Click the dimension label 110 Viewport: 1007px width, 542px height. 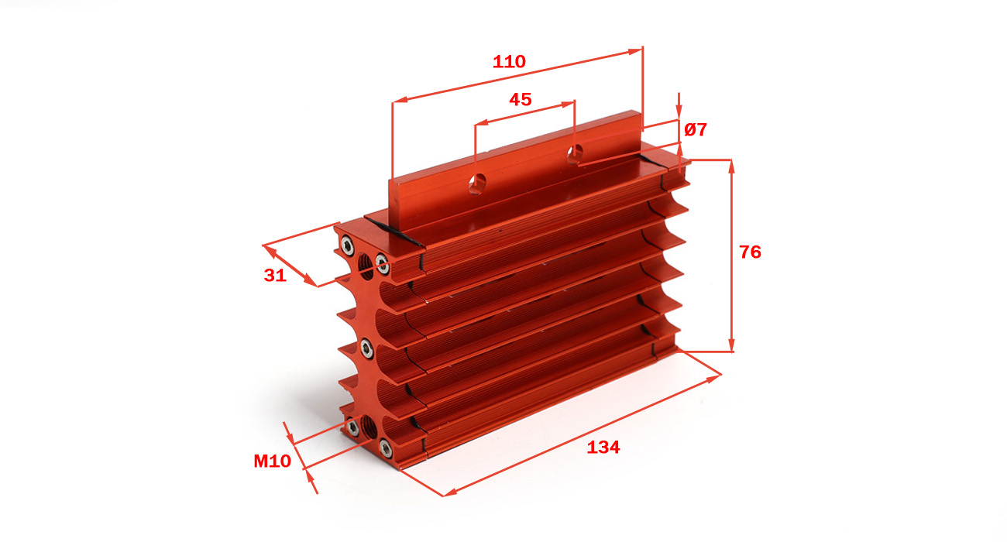[x=509, y=62]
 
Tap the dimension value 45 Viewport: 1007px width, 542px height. [x=520, y=99]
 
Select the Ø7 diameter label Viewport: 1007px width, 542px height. [x=696, y=130]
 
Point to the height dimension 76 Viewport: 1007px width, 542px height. [x=751, y=252]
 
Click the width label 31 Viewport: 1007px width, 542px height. [x=275, y=275]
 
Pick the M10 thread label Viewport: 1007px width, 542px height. [x=272, y=461]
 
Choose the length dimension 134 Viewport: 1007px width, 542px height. [x=603, y=448]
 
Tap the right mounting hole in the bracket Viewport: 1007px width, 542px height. [x=575, y=154]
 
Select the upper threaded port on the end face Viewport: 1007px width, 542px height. [x=366, y=266]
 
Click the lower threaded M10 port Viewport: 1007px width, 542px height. [x=369, y=427]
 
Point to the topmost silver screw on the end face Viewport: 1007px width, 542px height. [x=347, y=245]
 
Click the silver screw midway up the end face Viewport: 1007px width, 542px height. [x=367, y=348]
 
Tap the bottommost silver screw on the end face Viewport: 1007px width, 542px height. [x=385, y=448]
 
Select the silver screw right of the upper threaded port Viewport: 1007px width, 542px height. [x=383, y=264]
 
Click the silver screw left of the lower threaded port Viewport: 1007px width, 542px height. [x=352, y=427]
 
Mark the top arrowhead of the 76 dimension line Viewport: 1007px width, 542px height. [x=731, y=166]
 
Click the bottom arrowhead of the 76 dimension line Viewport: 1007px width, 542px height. [x=731, y=345]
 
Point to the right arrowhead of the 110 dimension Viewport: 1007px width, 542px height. [x=635, y=51]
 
